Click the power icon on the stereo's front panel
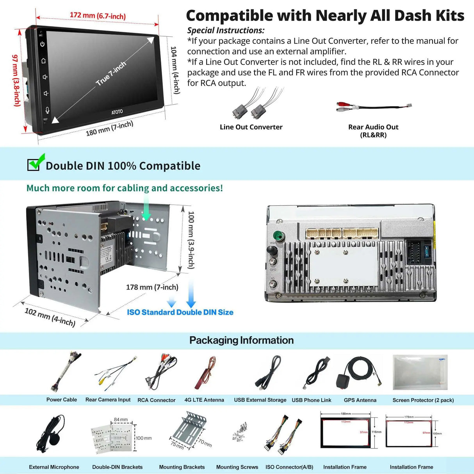click(42, 44)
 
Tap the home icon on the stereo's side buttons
click(43, 61)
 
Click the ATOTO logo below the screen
click(117, 112)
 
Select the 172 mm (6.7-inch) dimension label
click(98, 16)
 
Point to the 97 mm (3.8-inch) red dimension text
click(16, 80)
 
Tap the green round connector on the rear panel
click(278, 236)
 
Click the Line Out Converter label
click(251, 127)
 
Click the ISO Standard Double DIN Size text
click(180, 312)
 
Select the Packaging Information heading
click(241, 340)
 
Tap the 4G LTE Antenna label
click(204, 400)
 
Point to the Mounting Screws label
click(237, 467)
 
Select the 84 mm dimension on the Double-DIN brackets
click(121, 420)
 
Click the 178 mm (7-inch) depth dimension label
click(152, 287)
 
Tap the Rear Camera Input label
click(108, 400)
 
